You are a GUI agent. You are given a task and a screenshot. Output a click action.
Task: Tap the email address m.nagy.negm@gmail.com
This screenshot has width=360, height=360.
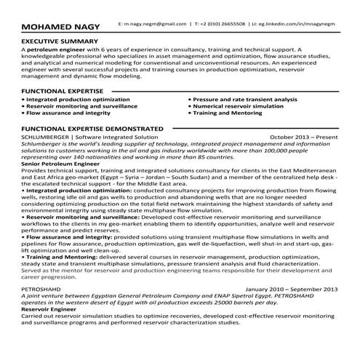click(x=152, y=24)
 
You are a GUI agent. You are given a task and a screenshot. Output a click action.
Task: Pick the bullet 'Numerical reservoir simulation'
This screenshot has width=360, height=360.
click(x=237, y=105)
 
